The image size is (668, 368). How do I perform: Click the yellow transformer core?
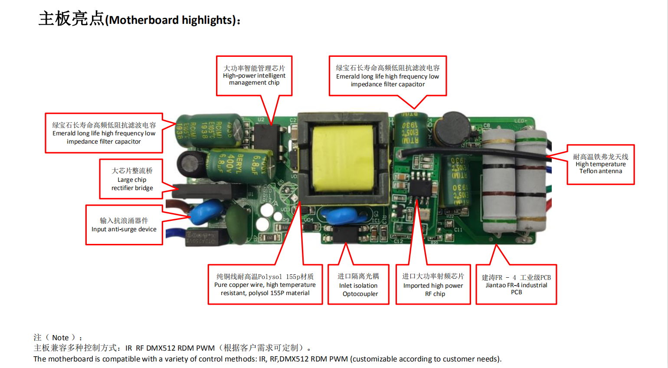coord(343,158)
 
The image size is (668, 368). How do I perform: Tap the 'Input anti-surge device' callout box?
coord(124,225)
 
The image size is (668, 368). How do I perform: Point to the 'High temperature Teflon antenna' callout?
coord(601,164)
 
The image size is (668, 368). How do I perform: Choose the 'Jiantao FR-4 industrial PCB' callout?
coord(516,284)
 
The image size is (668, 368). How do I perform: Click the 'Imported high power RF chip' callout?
coord(433,284)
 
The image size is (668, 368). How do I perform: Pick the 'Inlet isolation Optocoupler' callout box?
coord(358,284)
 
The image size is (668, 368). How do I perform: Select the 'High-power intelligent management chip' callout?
coord(254,76)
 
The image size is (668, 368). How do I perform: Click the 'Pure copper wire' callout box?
coord(265,284)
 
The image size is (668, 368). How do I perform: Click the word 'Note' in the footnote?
coord(60,338)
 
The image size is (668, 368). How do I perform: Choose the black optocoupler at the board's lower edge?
coord(345,234)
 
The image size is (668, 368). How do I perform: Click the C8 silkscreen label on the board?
coord(486,125)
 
